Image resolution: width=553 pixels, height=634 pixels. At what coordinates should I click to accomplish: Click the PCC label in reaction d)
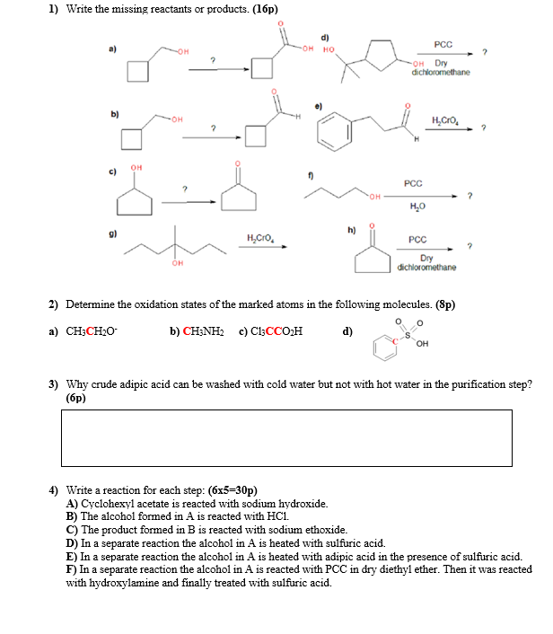tap(443, 42)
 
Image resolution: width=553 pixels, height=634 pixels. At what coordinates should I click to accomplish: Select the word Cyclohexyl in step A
tap(108, 504)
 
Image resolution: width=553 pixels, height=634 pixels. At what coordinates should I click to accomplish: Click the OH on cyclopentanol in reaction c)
tap(137, 165)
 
